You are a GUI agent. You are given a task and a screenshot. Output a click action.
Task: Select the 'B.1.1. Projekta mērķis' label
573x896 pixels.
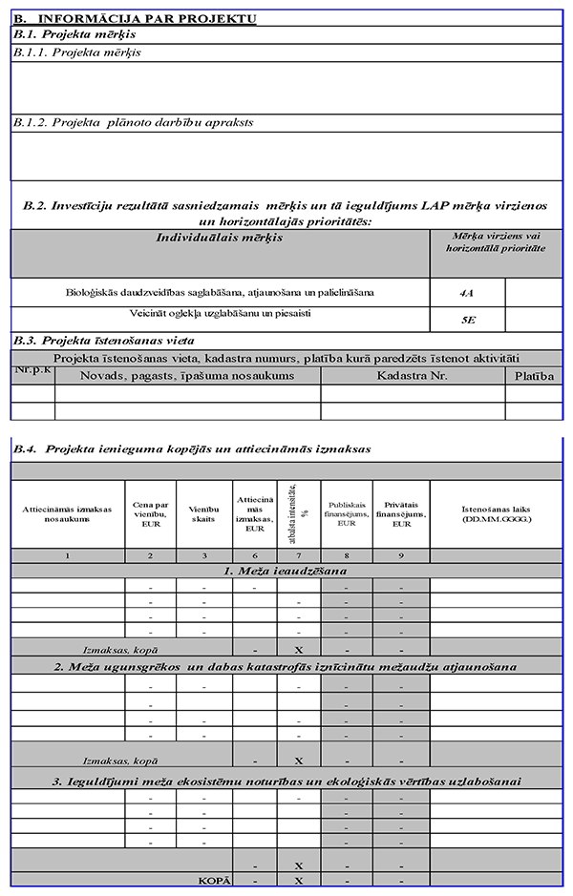coord(77,52)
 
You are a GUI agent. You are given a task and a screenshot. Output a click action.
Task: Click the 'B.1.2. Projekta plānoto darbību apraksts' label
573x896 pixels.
coord(134,122)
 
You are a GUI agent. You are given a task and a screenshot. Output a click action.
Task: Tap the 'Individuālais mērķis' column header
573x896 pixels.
coord(220,238)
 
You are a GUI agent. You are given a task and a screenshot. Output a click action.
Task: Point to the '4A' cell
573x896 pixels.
coord(468,292)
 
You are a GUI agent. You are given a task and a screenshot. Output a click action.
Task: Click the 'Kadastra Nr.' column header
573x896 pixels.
coord(413,376)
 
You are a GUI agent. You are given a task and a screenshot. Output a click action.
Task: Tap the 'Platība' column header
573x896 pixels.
coord(534,376)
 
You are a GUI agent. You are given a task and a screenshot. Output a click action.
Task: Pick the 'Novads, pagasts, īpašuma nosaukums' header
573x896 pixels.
coord(187,376)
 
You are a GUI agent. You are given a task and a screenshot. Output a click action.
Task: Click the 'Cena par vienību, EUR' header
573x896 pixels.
coord(150,515)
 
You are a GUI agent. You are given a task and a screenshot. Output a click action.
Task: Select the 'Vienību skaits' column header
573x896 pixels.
coord(204,515)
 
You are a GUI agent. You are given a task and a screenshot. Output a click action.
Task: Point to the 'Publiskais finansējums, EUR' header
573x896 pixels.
coord(347,515)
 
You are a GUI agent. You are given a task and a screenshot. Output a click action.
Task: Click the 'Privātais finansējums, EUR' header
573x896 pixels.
coord(401,515)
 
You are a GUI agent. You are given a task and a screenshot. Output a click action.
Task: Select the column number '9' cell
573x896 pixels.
coord(401,555)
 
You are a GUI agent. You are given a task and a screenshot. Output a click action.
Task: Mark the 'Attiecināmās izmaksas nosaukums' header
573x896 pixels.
coord(68,515)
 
